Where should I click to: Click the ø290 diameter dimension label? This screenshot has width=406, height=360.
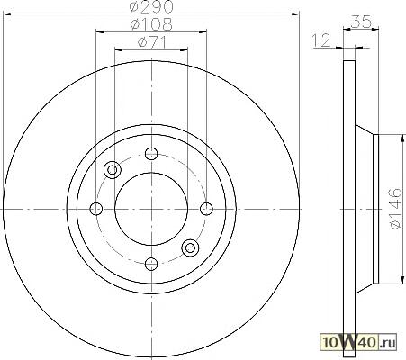click(151, 6)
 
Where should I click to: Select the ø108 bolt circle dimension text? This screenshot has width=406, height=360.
click(151, 24)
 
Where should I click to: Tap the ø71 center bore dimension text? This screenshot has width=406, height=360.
click(152, 42)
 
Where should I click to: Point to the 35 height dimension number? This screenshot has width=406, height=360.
click(361, 22)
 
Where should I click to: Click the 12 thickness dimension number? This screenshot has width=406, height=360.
click(321, 40)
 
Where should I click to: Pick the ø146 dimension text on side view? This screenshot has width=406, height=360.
click(395, 209)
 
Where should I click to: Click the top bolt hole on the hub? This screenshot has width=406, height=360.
click(151, 154)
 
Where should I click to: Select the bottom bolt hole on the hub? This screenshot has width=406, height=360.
click(151, 264)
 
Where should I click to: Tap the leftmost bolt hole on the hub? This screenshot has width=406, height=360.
click(96, 209)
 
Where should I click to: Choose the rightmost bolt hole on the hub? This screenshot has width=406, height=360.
click(206, 209)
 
